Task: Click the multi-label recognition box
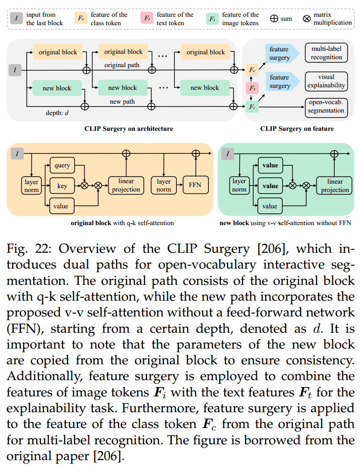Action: pos(326,53)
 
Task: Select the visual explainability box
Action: pos(326,81)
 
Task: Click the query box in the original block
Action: pos(62,166)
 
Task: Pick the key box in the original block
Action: pos(62,186)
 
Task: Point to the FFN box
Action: pos(196,186)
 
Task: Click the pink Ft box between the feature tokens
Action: pos(252,88)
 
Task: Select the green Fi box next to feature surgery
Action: pos(252,106)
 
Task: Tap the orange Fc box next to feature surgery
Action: pos(252,70)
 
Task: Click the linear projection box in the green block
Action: pos(334,186)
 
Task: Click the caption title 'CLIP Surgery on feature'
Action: pos(297,129)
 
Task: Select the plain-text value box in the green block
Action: pos(270,206)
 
